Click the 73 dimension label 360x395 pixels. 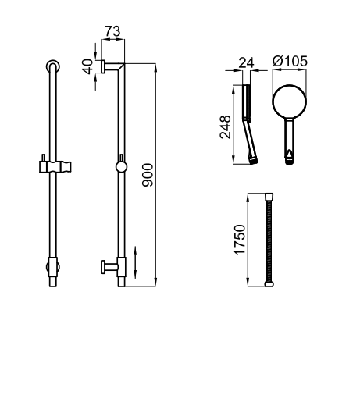click(x=112, y=31)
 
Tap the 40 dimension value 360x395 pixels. click(x=87, y=66)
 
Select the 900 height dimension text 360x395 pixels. click(x=148, y=175)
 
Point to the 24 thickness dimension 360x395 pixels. click(x=246, y=62)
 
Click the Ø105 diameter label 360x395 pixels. click(x=290, y=61)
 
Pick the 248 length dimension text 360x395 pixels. click(x=226, y=127)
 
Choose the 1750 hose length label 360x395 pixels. click(x=240, y=240)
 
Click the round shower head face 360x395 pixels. click(x=290, y=101)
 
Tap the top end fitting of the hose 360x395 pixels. click(x=269, y=196)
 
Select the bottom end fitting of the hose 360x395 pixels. click(x=269, y=284)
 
